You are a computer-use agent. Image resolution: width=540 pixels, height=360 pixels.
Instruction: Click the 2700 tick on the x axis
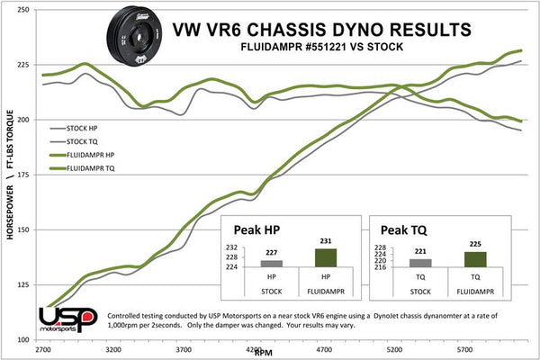(x=42, y=350)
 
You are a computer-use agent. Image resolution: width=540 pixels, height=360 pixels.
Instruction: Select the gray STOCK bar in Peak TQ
(x=420, y=262)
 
